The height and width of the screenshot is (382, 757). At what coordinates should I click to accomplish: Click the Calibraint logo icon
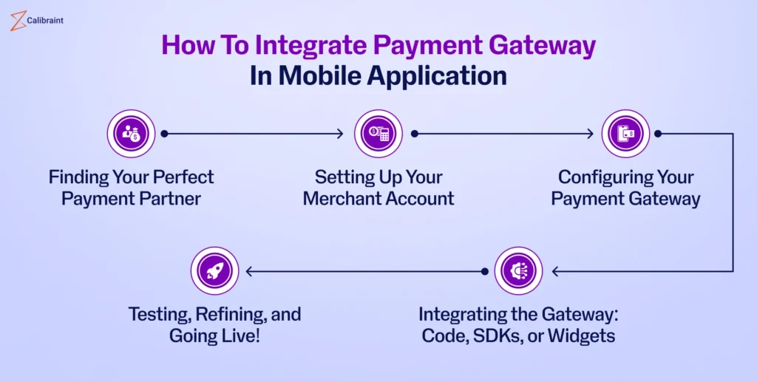(16, 21)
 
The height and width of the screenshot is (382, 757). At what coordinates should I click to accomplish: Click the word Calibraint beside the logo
(46, 21)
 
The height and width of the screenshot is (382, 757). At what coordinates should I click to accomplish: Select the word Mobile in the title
(317, 75)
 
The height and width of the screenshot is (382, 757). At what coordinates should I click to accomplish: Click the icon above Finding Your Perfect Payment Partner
(131, 134)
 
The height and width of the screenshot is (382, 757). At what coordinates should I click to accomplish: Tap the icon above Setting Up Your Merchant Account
(378, 134)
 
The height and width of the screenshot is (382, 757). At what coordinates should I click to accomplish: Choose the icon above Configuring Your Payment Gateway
(625, 134)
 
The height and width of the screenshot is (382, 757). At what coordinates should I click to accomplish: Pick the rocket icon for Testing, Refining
(214, 271)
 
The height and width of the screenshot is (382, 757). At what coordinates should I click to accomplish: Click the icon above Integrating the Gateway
(517, 271)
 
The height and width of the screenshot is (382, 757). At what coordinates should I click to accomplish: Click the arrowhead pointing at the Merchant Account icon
(340, 134)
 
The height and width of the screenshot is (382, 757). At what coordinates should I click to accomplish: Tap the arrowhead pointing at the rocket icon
(250, 271)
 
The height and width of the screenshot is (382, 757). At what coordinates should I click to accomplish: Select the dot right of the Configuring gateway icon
(658, 134)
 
